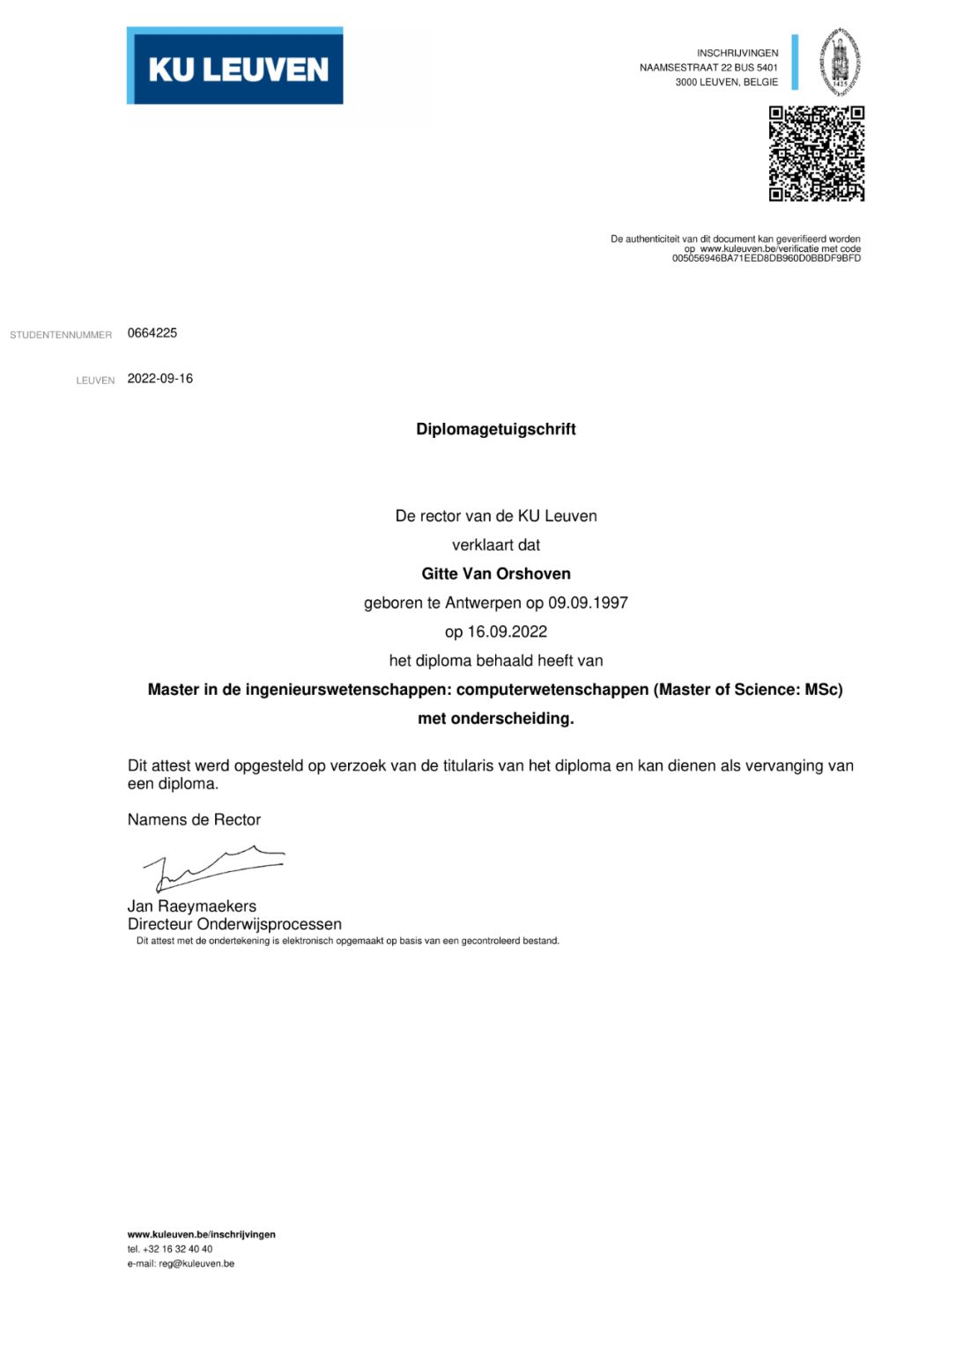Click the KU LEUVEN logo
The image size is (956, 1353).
click(x=235, y=67)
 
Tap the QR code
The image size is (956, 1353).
click(x=816, y=153)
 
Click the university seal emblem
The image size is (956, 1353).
click(x=840, y=62)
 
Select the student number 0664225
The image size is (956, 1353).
click(x=152, y=333)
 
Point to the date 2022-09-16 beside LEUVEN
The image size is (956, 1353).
click(x=160, y=379)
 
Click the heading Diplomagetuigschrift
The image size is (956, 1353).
click(x=495, y=429)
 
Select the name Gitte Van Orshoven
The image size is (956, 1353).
click(x=495, y=573)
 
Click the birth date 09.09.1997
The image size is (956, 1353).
click(x=588, y=603)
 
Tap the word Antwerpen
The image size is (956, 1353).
click(x=483, y=603)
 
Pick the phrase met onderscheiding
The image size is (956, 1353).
click(x=495, y=719)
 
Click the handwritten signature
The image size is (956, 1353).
click(x=214, y=866)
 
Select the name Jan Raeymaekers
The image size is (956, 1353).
click(x=192, y=906)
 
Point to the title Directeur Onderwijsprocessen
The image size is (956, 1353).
click(x=234, y=924)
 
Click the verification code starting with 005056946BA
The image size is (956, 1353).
click(x=766, y=259)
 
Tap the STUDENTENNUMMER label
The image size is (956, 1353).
click(x=61, y=335)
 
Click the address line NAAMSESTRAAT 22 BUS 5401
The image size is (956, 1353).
click(x=708, y=68)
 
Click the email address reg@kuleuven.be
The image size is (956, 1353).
click(x=196, y=1263)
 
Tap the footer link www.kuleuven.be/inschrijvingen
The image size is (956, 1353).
click(x=201, y=1234)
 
